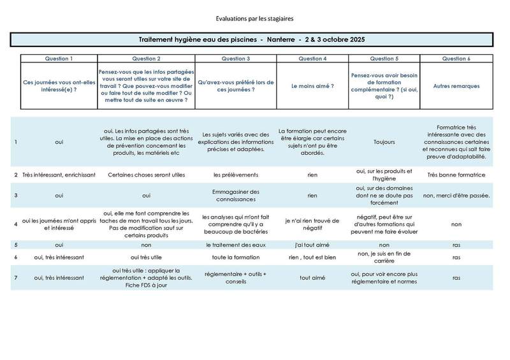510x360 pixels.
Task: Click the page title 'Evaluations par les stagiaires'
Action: [254, 18]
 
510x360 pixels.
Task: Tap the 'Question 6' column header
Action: [456, 59]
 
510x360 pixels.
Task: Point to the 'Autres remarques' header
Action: [456, 85]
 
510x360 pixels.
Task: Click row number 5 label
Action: [16, 245]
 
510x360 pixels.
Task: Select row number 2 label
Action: [16, 174]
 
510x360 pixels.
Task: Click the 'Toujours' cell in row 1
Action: [384, 142]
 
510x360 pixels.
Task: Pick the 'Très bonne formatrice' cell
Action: [456, 174]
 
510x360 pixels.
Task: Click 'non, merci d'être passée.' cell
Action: [456, 195]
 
